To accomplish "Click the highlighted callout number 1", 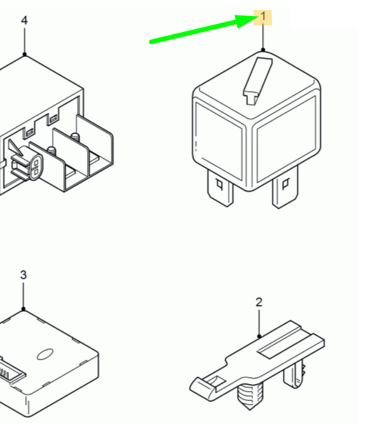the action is [263, 17].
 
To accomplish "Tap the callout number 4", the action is [24, 21].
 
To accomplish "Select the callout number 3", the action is [23, 275].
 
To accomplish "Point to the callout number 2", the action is [258, 302].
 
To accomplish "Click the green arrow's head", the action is [246, 21].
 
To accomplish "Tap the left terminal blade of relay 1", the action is [220, 188].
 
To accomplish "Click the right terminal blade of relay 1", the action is [285, 188].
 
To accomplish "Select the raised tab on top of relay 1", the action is [258, 81].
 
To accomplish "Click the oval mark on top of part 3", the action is [45, 354].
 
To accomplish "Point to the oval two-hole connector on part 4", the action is [35, 167].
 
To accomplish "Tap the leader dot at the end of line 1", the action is [263, 50].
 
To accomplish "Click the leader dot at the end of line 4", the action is [25, 55].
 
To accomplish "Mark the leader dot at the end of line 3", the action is [23, 309].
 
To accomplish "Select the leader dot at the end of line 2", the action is [259, 336].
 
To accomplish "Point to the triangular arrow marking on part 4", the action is [14, 148].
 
